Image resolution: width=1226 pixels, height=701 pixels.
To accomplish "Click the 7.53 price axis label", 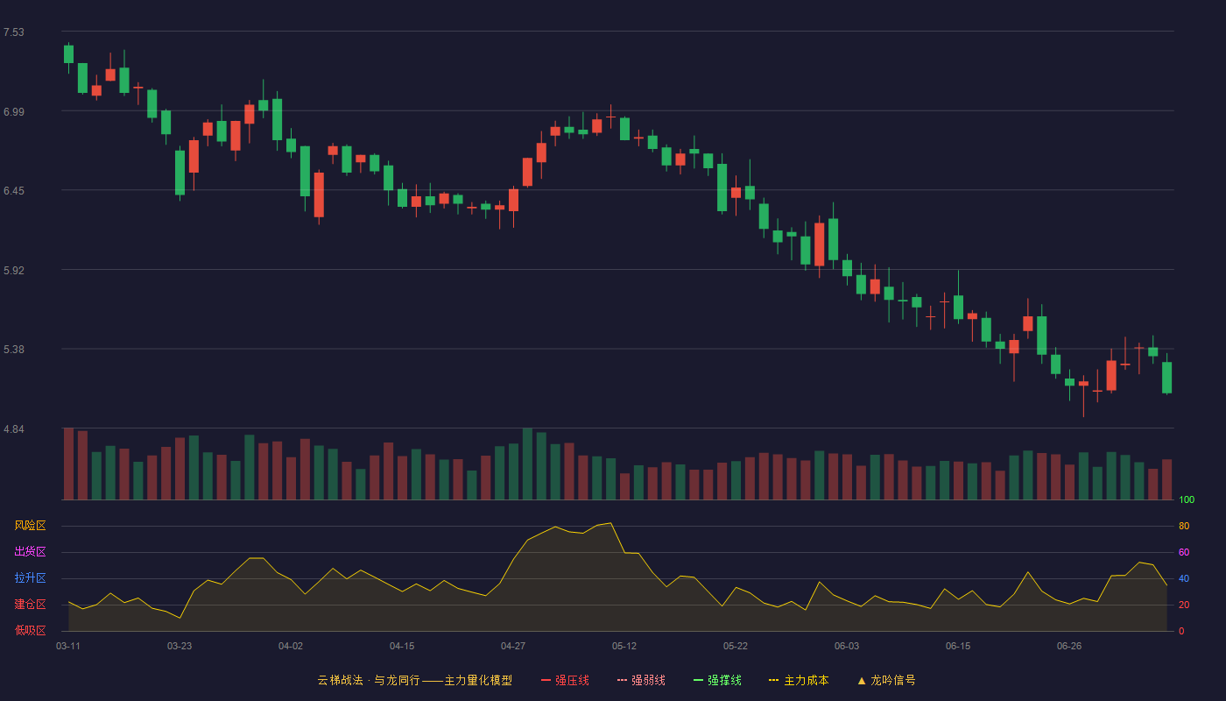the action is point(14,32).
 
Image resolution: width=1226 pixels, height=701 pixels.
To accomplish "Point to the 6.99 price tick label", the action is point(14,112).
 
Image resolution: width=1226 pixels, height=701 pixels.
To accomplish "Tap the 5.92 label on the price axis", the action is point(14,271).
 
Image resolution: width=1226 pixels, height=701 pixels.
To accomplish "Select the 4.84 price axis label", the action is point(14,429).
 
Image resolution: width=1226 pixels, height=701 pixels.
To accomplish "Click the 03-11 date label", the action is point(68,647).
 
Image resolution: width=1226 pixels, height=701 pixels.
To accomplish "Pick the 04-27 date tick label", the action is point(513,647).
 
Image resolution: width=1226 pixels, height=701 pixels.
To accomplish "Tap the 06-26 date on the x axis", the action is point(1069,647).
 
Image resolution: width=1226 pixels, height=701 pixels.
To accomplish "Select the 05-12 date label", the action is point(624,647).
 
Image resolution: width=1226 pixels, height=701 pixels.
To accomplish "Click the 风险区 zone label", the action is point(30,526).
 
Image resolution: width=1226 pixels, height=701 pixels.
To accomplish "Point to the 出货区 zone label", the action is point(30,551).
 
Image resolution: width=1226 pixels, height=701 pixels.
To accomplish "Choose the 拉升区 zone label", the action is point(30,577).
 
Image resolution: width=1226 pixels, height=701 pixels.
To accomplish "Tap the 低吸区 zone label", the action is point(30,630).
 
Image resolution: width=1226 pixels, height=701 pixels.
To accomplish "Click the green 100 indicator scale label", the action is point(1187,499).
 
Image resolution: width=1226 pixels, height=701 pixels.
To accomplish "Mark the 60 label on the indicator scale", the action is point(1184,552).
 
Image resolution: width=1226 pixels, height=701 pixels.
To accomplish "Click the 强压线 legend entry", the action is point(565,680).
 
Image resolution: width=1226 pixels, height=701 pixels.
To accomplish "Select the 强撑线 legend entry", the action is point(717,680).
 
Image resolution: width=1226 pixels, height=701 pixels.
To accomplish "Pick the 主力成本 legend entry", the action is point(799,680).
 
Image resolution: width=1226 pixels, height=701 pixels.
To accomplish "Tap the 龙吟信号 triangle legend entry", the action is point(886,680).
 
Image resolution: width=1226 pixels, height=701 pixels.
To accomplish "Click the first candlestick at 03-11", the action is point(68,54).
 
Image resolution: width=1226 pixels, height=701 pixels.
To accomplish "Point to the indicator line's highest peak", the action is point(611,523).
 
